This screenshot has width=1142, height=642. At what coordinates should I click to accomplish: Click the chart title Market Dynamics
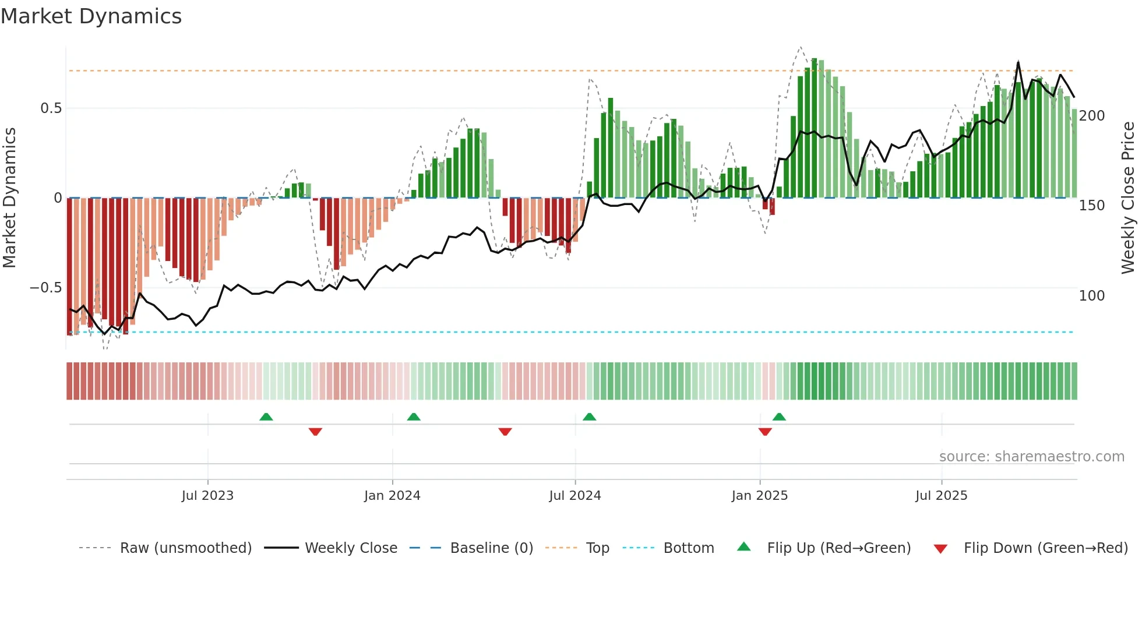91,16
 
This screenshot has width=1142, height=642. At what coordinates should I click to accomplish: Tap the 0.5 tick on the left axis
51,108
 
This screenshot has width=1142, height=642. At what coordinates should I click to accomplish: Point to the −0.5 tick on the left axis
46,288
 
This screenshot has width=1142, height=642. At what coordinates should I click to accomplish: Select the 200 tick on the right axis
1091,116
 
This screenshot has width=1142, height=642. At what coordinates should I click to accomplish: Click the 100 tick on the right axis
1091,296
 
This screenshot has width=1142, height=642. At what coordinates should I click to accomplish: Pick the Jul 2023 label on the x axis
207,496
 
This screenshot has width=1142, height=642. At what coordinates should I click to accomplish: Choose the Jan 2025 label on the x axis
759,496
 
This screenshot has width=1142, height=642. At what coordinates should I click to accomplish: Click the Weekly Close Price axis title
1128,198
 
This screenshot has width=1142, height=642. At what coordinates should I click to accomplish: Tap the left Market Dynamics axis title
9,198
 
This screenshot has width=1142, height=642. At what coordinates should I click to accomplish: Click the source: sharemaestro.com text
1031,457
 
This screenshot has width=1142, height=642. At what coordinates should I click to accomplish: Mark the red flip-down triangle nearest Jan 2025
765,432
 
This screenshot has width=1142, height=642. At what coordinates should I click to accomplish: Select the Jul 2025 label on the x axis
941,496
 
